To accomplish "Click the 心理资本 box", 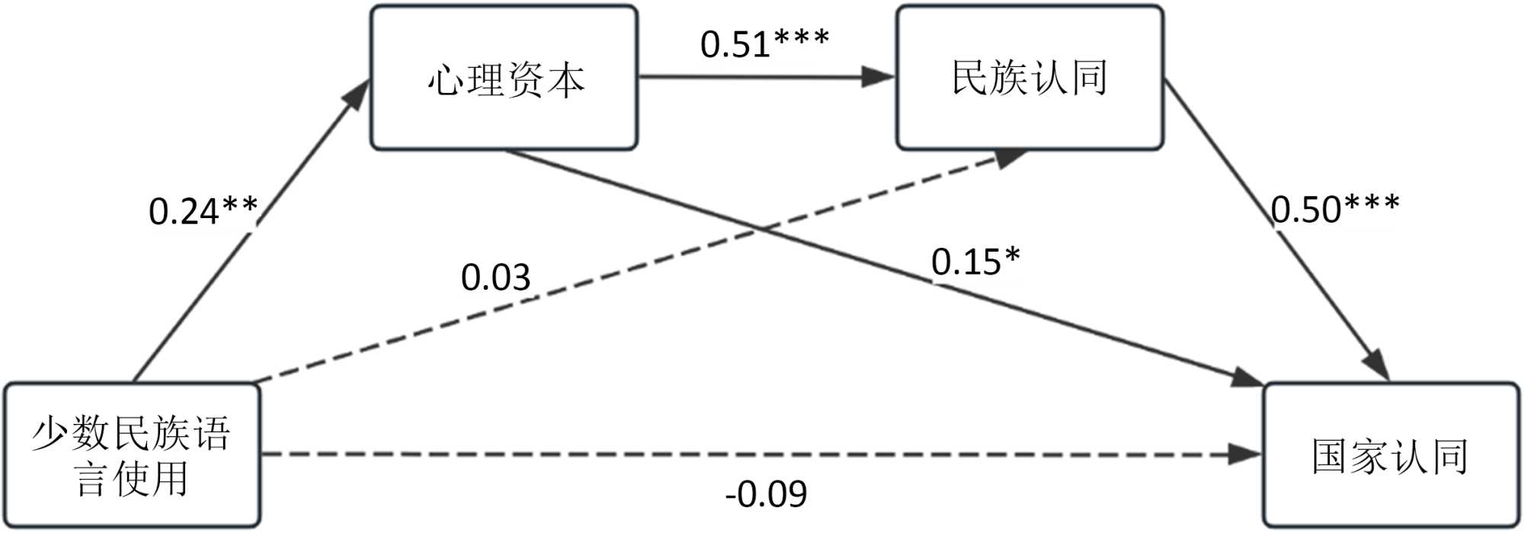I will click(x=504, y=78).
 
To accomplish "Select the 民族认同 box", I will click(x=1029, y=78).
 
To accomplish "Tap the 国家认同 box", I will click(x=1391, y=455).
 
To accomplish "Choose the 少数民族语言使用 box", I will click(x=132, y=455).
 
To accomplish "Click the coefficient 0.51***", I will click(x=764, y=43).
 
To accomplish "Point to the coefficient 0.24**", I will click(x=203, y=211).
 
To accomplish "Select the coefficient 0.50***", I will click(x=1335, y=208).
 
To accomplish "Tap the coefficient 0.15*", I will click(x=975, y=262).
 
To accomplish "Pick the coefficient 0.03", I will click(x=495, y=277).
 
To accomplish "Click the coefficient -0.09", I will click(x=766, y=494).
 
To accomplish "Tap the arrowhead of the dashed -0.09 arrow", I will click(x=1246, y=455).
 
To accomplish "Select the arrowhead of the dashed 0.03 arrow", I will click(x=1010, y=158).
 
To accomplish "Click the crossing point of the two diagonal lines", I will click(x=760, y=228).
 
